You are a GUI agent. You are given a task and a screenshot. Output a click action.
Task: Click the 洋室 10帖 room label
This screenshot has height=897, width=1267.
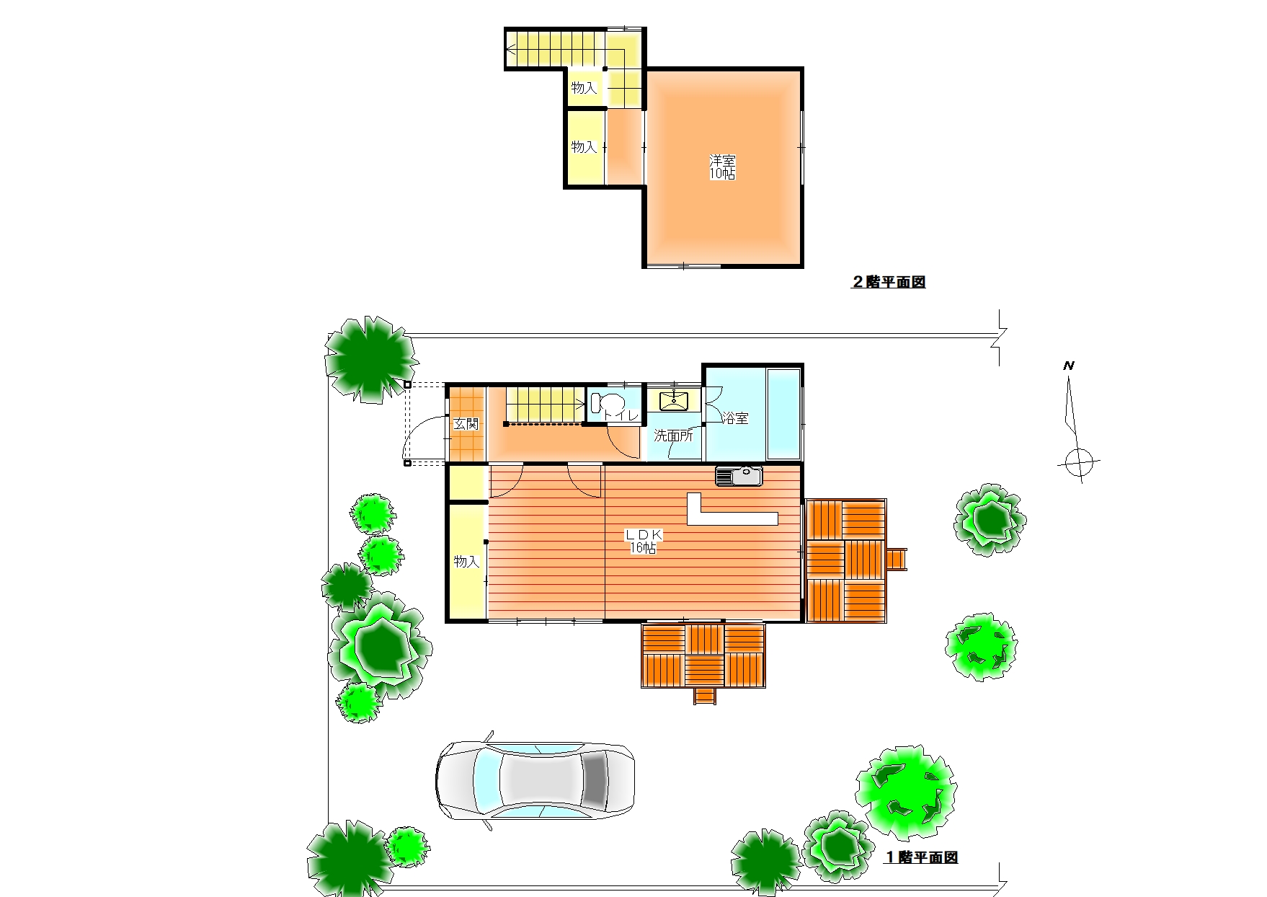pyautogui.click(x=722, y=167)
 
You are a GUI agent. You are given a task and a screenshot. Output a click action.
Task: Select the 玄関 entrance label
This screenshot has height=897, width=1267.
pyautogui.click(x=466, y=424)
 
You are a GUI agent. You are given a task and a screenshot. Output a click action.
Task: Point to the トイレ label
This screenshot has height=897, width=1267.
pyautogui.click(x=621, y=415)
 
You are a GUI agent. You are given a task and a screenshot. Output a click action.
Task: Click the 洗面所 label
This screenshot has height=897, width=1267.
pyautogui.click(x=673, y=436)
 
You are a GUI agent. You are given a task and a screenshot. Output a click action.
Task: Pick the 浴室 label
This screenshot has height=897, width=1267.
pyautogui.click(x=735, y=418)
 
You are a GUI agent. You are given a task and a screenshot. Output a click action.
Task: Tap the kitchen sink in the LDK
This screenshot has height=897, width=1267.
pyautogui.click(x=739, y=477)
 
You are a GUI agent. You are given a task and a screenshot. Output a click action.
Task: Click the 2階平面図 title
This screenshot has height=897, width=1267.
pyautogui.click(x=889, y=283)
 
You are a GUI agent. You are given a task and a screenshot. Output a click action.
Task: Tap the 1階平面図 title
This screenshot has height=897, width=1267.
pyautogui.click(x=921, y=858)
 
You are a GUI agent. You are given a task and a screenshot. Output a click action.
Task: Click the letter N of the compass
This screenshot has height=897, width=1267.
pyautogui.click(x=1069, y=366)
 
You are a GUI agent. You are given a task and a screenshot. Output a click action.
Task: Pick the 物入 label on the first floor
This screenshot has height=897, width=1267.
pyautogui.click(x=466, y=562)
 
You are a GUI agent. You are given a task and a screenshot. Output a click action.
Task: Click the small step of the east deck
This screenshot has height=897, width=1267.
pyautogui.click(x=896, y=559)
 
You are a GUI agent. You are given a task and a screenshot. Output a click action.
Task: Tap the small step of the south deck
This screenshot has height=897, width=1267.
pyautogui.click(x=705, y=696)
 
